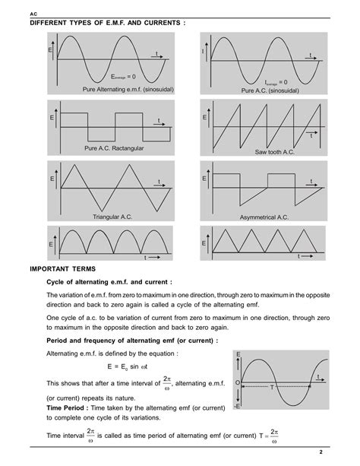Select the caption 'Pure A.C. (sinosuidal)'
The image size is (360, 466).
(270, 90)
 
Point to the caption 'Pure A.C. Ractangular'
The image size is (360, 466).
(114, 147)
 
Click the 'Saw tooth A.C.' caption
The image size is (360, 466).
(272, 152)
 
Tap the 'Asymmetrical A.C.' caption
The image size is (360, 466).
(264, 217)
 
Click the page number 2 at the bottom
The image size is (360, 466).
(342, 452)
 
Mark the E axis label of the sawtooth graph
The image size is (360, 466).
(204, 119)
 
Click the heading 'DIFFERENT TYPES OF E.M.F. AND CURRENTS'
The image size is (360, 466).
(106, 23)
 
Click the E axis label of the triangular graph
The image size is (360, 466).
(52, 178)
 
